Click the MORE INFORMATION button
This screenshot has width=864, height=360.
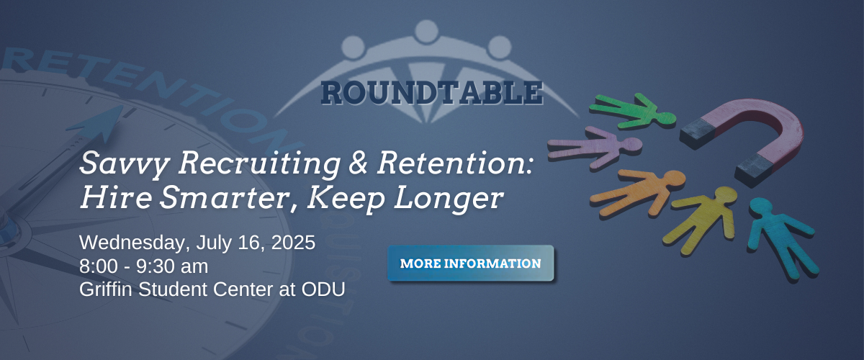(x=471, y=263)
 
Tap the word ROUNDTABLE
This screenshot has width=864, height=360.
(x=432, y=93)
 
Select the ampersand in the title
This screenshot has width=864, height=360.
(x=359, y=163)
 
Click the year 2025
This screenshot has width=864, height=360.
(x=293, y=243)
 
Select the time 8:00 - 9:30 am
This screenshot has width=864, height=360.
(x=143, y=266)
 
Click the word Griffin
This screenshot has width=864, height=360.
(x=106, y=289)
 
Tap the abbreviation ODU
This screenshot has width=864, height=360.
(x=323, y=289)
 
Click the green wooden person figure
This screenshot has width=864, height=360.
(x=634, y=111)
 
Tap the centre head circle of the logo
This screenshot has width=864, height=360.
(x=426, y=32)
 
